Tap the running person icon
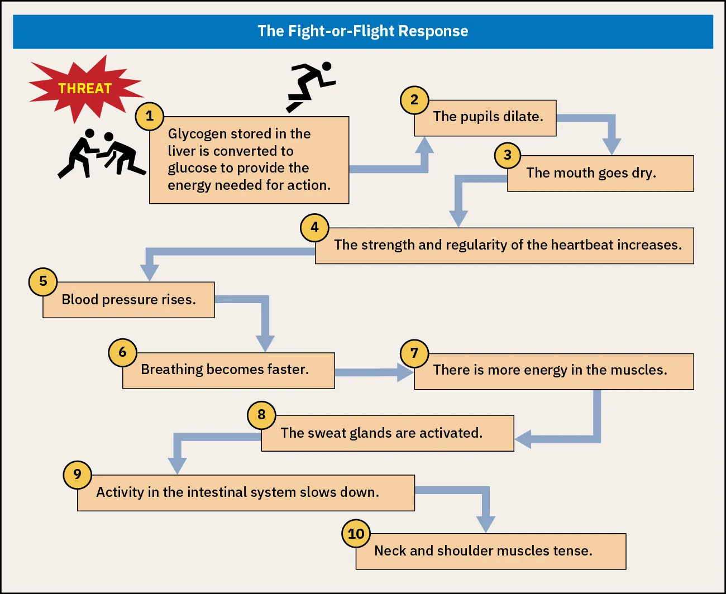(311, 85)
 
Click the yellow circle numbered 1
(149, 116)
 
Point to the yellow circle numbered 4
(314, 227)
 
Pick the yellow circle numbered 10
(356, 534)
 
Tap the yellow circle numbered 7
(414, 353)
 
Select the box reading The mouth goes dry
(600, 174)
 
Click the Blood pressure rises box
(128, 300)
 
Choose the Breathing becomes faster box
(229, 370)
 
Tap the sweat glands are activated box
(388, 434)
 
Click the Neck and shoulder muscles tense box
(490, 552)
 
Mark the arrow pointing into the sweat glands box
(558, 438)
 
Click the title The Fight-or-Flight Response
(363, 31)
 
